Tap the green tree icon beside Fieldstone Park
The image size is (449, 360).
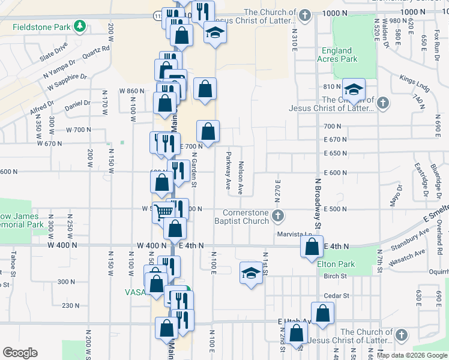coord(79,26)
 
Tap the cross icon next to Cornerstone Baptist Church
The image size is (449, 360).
coord(277,215)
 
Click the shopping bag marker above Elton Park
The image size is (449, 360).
coord(312,246)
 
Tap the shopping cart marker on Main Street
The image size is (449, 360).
coord(163,211)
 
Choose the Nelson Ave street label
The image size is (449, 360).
coord(240,178)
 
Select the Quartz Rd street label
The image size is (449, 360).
coord(97,53)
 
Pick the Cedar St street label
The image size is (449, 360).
coord(336,296)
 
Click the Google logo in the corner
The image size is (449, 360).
coord(20,353)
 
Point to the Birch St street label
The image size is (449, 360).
coord(336,277)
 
